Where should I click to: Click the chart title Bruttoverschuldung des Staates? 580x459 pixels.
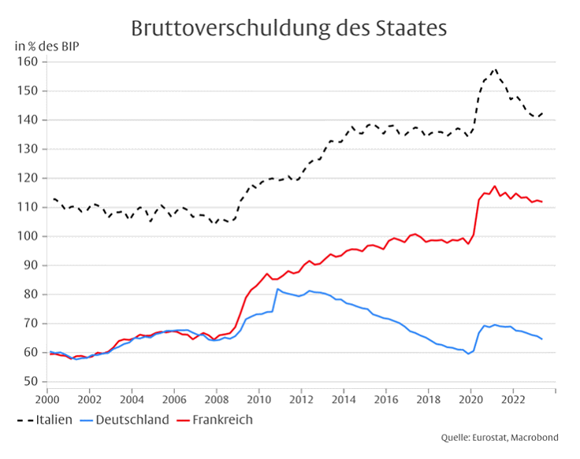[289, 28]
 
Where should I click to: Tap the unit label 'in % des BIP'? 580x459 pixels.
[47, 46]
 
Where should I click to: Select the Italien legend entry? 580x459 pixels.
[44, 420]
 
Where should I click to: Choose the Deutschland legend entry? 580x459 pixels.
[125, 420]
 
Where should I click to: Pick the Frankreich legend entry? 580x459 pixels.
[214, 420]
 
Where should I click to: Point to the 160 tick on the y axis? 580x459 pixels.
[28, 61]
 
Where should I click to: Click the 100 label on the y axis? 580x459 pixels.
[28, 236]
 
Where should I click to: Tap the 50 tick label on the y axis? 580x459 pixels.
[31, 381]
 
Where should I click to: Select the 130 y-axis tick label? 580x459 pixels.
[28, 149]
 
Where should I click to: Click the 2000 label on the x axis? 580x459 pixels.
[47, 400]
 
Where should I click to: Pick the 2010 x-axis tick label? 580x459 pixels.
[259, 400]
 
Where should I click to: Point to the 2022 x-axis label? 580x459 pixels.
[513, 400]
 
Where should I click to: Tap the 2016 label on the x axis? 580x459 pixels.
[386, 400]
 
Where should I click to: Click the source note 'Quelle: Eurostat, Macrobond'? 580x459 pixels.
[500, 438]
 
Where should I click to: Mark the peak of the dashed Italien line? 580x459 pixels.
[495, 68]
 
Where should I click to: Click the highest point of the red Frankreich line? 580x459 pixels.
[495, 187]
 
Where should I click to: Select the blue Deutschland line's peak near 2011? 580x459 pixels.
[278, 289]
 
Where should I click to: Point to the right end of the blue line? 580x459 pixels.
[542, 339]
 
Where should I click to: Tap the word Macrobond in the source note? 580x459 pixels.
[535, 438]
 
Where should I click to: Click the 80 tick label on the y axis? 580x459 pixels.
[31, 294]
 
